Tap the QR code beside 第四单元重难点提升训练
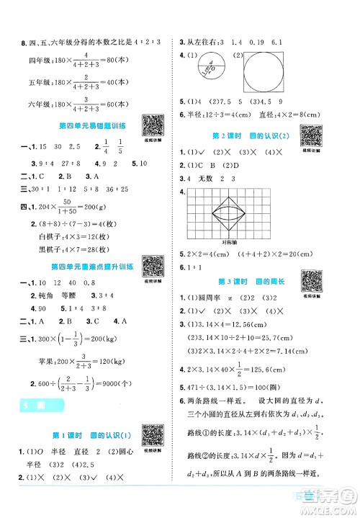tap(152, 262)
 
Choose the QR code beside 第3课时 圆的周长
tap(312, 280)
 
